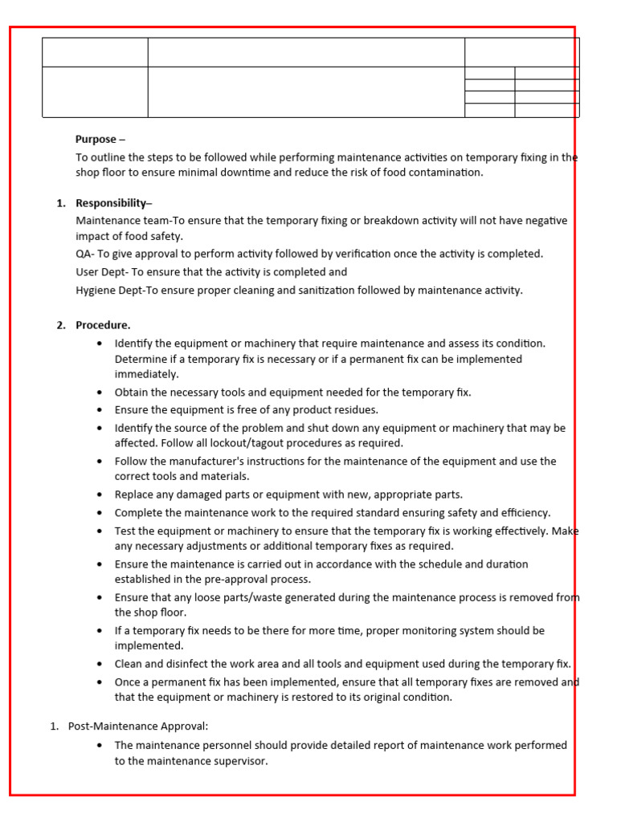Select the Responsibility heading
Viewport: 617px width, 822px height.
113,203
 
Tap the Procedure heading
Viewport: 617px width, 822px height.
103,325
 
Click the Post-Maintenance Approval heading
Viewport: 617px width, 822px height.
138,726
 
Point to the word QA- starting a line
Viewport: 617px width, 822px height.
85,254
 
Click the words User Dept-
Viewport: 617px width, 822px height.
102,272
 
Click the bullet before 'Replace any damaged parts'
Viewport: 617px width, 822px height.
99,495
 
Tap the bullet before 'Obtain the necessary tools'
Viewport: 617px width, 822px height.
99,393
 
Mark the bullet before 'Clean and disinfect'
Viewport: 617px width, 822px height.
99,665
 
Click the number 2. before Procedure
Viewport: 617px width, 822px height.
61,325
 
